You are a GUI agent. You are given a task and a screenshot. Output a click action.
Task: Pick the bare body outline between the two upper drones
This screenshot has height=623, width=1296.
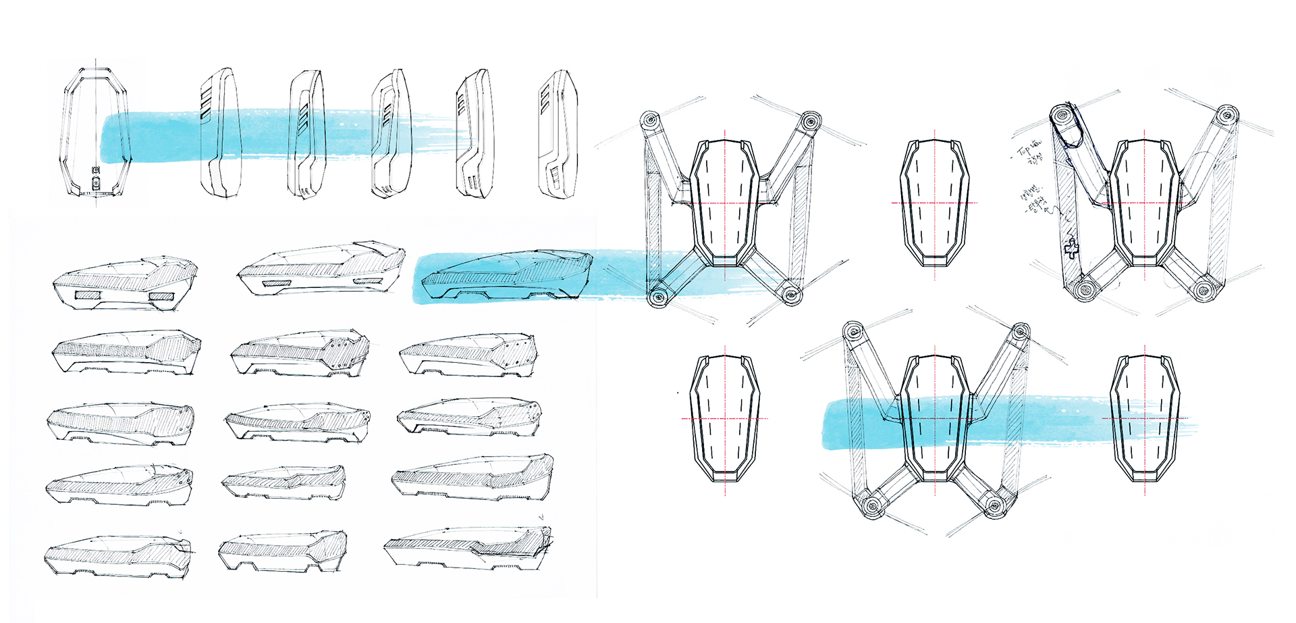(x=934, y=202)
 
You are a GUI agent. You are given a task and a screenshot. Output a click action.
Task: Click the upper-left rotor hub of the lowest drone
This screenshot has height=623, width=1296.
(x=855, y=332)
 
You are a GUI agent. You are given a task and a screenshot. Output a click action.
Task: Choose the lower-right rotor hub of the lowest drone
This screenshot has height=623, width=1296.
(x=993, y=505)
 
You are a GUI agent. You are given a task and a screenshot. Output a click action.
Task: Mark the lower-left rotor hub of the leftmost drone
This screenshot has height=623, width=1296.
(x=656, y=297)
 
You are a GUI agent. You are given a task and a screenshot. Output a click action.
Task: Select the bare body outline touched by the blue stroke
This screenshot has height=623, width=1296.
(x=1145, y=419)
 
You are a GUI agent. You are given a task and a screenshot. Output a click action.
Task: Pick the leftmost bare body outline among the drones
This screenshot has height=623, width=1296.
(x=725, y=419)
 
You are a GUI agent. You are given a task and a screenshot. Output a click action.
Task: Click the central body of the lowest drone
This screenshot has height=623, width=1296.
(x=935, y=419)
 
